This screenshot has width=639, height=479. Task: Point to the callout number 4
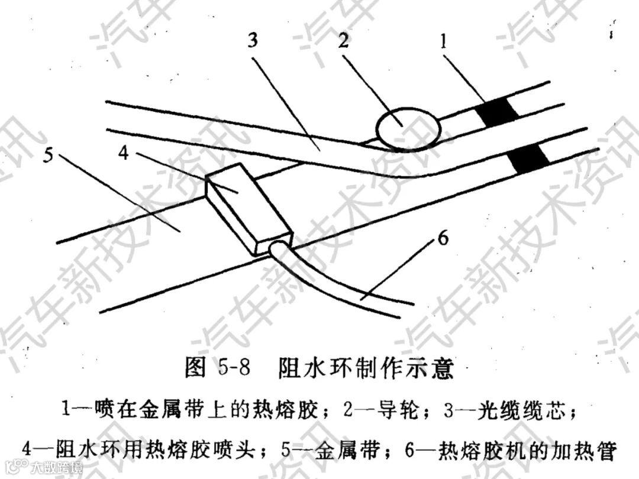[123, 153]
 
